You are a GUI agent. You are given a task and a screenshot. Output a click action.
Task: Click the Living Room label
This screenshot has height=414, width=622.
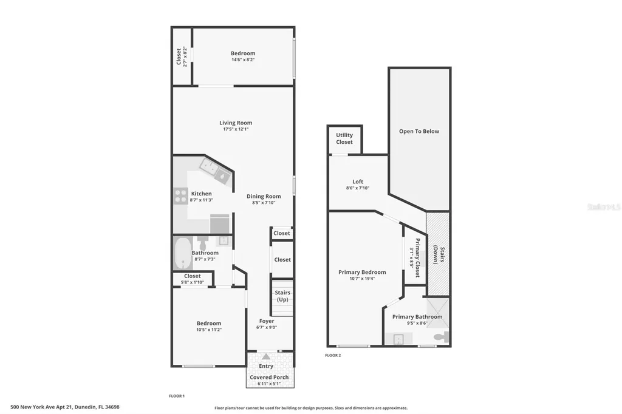[236, 123]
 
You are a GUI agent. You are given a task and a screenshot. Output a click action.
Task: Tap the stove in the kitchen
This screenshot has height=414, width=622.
[180, 195]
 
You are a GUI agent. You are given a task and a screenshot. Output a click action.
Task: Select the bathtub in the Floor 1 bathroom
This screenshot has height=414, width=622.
[182, 254]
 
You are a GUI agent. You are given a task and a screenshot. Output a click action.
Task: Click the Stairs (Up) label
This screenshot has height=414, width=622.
[282, 296]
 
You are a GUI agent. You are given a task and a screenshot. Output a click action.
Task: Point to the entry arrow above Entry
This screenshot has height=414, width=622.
[265, 356]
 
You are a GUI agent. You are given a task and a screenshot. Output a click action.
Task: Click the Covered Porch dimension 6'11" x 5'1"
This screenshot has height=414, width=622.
[269, 384]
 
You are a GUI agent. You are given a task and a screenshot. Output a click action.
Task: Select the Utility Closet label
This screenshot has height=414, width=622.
[344, 138]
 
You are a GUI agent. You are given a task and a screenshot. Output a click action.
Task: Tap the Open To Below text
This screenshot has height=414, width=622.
[419, 131]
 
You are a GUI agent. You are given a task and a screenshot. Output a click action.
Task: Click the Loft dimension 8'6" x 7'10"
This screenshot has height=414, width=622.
[358, 188]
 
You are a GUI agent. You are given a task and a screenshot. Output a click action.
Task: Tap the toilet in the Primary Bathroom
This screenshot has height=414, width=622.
[442, 336]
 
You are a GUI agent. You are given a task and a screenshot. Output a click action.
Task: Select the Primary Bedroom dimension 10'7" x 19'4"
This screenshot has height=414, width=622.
[362, 279]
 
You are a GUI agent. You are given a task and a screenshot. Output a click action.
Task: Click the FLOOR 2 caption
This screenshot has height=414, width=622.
[333, 355]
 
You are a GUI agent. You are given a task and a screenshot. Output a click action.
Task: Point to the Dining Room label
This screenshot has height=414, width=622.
[264, 196]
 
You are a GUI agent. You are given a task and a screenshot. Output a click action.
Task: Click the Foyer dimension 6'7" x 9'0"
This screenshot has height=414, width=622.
[267, 328]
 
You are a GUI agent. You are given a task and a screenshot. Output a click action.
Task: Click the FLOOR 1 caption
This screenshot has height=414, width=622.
[177, 396]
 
